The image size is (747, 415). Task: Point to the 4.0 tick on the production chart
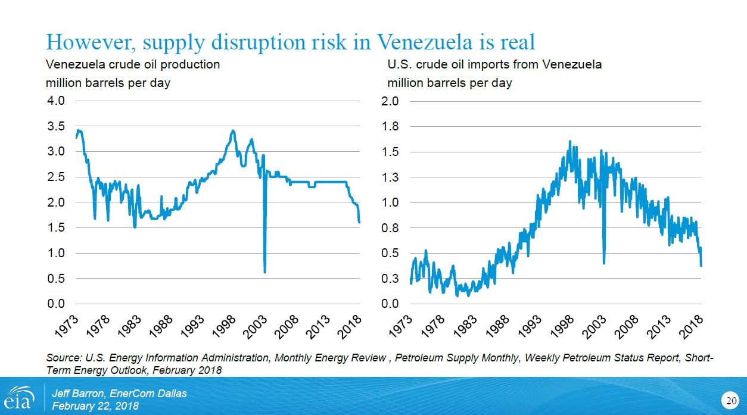click(56, 101)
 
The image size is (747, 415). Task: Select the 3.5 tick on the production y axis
click(56, 126)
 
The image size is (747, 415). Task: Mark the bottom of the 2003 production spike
click(264, 272)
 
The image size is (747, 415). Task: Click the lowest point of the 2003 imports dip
click(604, 263)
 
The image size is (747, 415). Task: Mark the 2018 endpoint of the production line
click(359, 222)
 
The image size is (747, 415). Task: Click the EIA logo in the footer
click(19, 397)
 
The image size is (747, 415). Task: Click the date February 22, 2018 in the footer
click(95, 406)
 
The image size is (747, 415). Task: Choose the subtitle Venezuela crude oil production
click(133, 64)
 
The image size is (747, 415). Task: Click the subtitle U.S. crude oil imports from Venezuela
click(494, 64)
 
